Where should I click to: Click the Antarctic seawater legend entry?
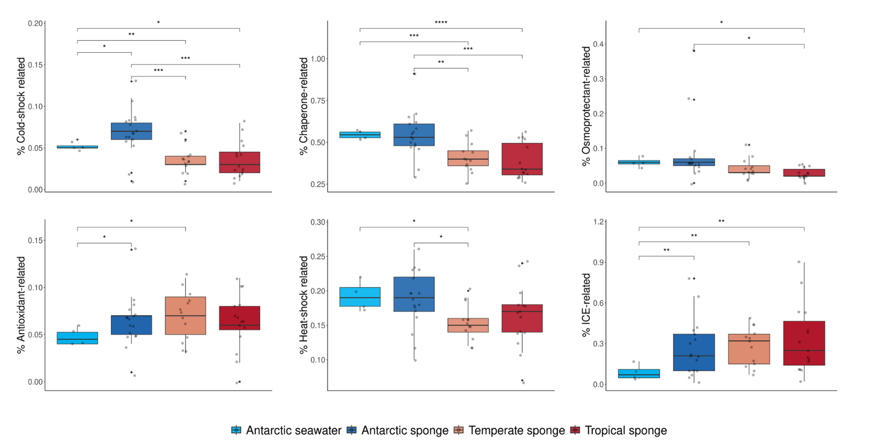pos(287,430)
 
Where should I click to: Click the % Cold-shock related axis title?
pos(21,106)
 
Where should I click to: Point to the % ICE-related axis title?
pos(586,305)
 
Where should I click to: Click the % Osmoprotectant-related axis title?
pos(586,106)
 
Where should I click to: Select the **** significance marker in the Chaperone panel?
pos(441,23)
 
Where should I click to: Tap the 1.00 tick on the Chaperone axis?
pos(318,59)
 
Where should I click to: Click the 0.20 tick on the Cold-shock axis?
pos(35,23)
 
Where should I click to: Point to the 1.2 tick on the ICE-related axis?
pos(598,222)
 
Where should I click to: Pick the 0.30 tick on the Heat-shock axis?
pos(318,222)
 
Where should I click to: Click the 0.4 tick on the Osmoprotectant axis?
pos(598,44)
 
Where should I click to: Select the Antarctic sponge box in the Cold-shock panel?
pos(132,131)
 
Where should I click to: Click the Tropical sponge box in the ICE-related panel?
pos(804,343)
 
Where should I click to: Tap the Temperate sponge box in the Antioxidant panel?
pos(185,316)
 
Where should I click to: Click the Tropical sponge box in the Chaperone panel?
pos(522,159)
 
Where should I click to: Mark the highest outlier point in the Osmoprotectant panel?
pos(694,51)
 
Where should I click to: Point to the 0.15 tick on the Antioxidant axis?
pos(35,241)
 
